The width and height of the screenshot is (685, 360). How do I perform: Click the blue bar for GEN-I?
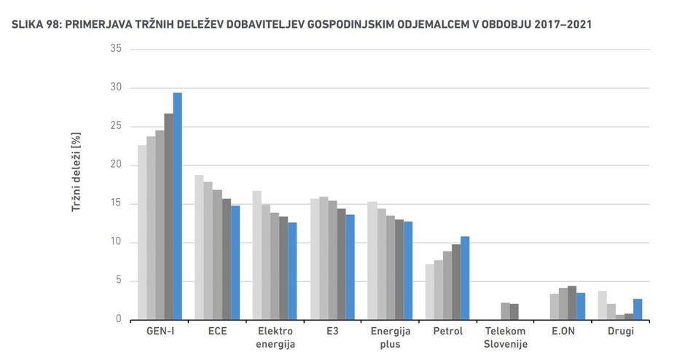(177, 206)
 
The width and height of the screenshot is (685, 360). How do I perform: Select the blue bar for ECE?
(235, 262)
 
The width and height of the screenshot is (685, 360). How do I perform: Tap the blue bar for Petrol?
(465, 278)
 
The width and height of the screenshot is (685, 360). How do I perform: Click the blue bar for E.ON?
(580, 306)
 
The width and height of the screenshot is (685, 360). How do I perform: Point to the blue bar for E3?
(350, 267)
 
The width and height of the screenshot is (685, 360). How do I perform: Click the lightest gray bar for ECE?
(199, 247)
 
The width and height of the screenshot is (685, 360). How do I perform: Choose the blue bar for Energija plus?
(407, 270)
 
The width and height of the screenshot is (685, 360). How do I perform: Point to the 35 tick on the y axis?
(114, 49)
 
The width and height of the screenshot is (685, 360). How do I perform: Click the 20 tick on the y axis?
(114, 165)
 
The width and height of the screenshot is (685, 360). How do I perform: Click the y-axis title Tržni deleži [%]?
(75, 174)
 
